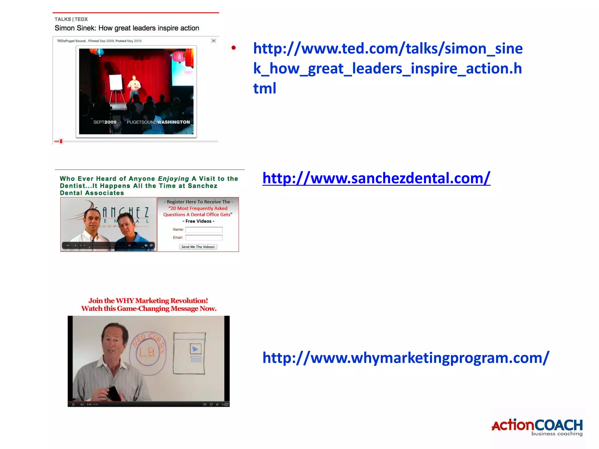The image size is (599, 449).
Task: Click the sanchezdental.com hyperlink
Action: (x=376, y=178)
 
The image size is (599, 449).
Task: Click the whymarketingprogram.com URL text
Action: (x=406, y=358)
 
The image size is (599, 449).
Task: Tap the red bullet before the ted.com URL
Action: (x=233, y=48)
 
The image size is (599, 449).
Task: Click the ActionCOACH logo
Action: (x=537, y=427)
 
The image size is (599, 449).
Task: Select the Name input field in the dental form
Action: (x=204, y=230)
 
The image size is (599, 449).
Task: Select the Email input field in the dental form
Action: (x=204, y=238)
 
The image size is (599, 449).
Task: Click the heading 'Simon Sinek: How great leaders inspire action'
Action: (x=127, y=28)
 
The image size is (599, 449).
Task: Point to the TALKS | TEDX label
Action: (x=71, y=19)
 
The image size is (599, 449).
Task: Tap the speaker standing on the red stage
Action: (x=134, y=86)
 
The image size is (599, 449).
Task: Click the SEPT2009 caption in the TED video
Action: (x=105, y=122)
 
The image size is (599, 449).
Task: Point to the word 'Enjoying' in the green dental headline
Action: (x=173, y=179)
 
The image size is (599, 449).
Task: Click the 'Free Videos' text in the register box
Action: (x=198, y=221)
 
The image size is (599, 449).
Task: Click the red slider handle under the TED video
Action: (x=61, y=141)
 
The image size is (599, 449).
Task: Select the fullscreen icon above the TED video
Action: (x=214, y=41)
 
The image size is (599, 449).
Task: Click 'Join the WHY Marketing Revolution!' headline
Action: (x=148, y=301)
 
